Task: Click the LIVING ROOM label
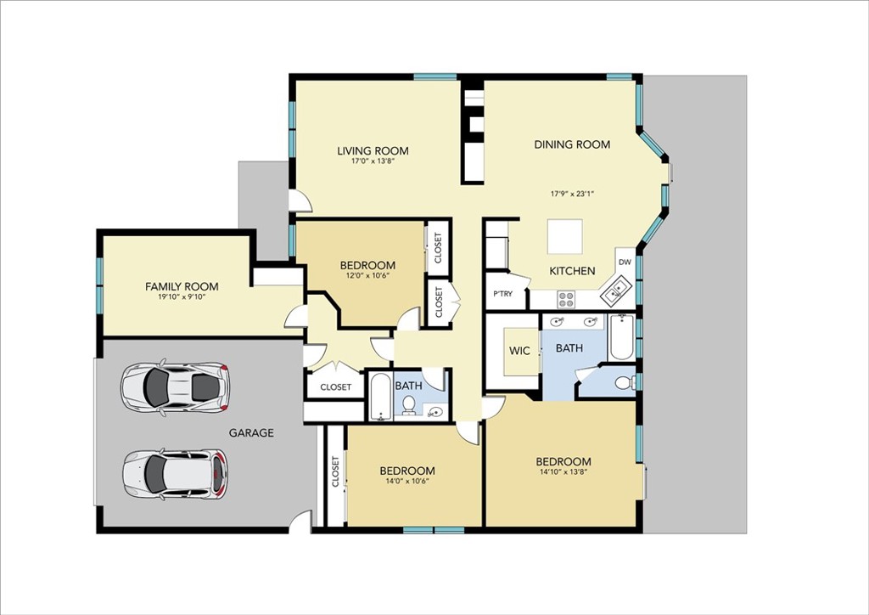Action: pos(373,151)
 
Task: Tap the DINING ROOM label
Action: pos(572,144)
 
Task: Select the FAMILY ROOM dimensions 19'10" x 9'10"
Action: pos(182,296)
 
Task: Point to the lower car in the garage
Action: pos(176,473)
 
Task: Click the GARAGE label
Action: pos(251,432)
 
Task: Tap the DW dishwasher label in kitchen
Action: pos(625,262)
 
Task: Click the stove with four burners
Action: pos(566,299)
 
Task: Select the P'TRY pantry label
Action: pos(502,294)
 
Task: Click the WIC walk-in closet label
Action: pos(519,350)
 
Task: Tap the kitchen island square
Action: pos(564,236)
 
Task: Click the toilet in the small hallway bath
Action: pos(410,405)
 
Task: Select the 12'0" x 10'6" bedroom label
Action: pos(367,265)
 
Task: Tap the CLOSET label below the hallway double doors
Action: pos(335,386)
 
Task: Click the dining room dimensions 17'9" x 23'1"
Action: pos(572,194)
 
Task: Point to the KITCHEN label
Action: pos(572,271)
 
